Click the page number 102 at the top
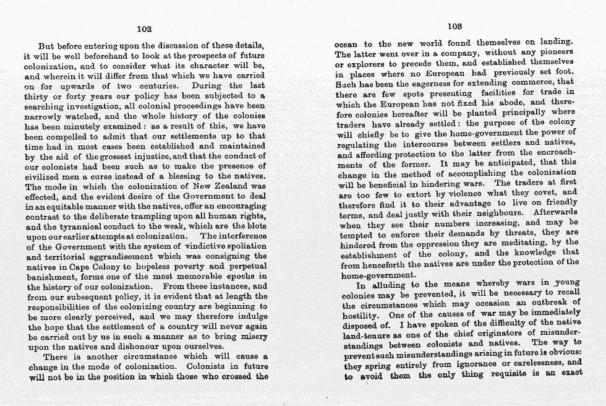(x=143, y=28)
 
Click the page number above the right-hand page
(x=454, y=26)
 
